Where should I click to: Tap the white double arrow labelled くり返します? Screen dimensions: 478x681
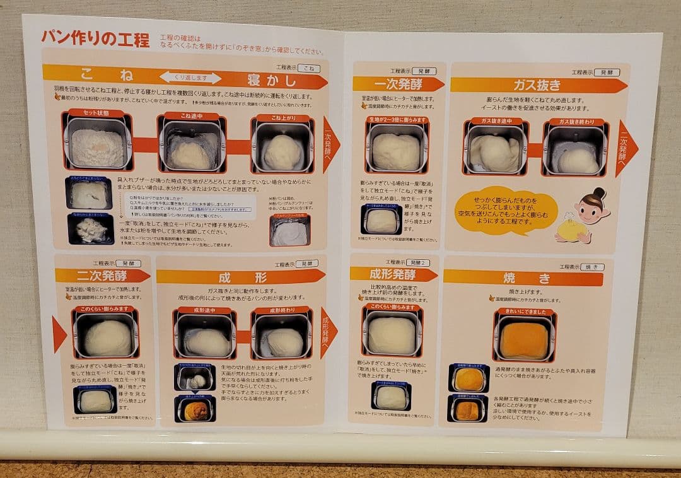tap(190, 78)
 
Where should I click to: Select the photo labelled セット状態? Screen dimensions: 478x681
tap(97, 143)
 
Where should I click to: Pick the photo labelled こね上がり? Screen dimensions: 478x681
tap(282, 147)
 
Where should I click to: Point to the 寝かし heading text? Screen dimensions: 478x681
tap(272, 81)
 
